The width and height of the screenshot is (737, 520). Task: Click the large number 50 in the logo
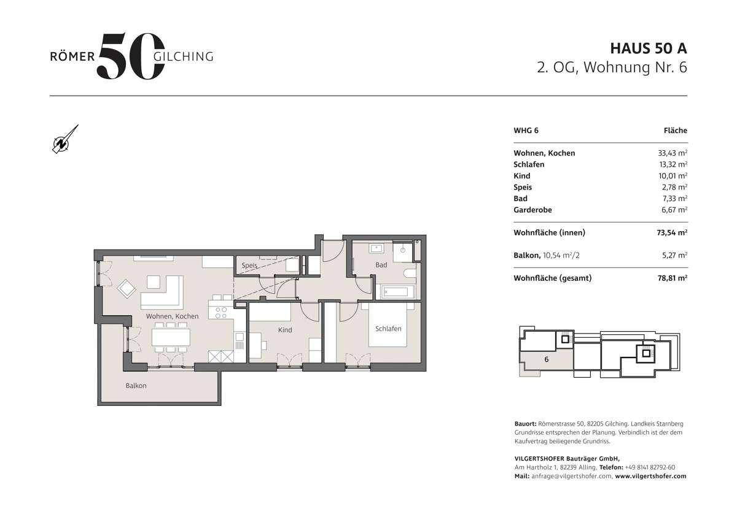pyautogui.click(x=130, y=56)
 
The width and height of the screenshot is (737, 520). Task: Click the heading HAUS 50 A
pyautogui.click(x=648, y=48)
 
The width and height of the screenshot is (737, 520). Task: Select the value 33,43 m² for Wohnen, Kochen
pyautogui.click(x=673, y=153)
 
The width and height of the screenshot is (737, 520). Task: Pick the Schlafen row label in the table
pyautogui.click(x=529, y=164)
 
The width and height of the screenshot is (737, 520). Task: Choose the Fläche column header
pyautogui.click(x=675, y=131)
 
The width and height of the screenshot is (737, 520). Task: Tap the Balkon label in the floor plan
pyautogui.click(x=136, y=386)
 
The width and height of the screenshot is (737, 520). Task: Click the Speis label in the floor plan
pyautogui.click(x=249, y=266)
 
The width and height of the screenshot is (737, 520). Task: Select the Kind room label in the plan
pyautogui.click(x=285, y=330)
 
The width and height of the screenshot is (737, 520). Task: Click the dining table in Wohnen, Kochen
pyautogui.click(x=171, y=337)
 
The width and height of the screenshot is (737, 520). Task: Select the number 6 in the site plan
pyautogui.click(x=545, y=359)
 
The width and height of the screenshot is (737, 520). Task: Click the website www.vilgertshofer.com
pyautogui.click(x=650, y=476)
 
